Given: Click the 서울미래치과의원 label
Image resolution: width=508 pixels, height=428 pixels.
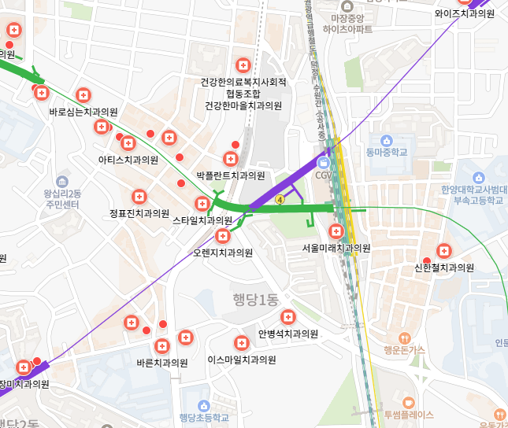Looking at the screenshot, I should [x=336, y=248].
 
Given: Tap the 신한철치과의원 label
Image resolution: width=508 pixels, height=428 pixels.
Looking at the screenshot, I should [x=444, y=267].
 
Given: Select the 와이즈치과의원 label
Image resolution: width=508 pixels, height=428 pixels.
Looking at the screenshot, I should [x=465, y=13].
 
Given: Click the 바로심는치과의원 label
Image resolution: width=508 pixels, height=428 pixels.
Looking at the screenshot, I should [x=83, y=113].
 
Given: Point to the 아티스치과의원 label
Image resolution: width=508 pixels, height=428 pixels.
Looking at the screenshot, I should [x=128, y=160].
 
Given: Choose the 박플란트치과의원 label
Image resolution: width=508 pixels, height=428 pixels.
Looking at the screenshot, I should [x=231, y=175].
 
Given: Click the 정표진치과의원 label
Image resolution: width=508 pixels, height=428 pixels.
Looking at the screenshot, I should [x=139, y=213].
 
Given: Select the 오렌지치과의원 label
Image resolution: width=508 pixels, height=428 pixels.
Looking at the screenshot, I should [x=223, y=253].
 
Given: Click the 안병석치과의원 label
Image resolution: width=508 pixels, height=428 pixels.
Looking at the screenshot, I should [x=288, y=334].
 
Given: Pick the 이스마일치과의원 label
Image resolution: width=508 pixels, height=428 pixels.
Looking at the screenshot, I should [x=242, y=360].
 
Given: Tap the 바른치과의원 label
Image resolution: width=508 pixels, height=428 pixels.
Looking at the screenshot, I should [x=162, y=363].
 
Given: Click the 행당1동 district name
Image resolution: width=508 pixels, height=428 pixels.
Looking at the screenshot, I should [x=256, y=299].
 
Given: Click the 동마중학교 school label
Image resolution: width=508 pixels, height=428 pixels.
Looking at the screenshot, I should [x=387, y=152].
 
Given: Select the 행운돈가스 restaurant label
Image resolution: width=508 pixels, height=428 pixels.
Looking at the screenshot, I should [x=404, y=349].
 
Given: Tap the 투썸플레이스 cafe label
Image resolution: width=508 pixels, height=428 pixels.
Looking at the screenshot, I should [x=408, y=415].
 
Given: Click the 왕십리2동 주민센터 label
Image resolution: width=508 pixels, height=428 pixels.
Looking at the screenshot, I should [x=62, y=199].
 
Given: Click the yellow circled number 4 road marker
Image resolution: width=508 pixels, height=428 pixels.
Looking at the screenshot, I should [x=280, y=200].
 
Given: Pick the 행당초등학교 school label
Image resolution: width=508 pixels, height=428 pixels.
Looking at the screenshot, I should [x=204, y=418].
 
